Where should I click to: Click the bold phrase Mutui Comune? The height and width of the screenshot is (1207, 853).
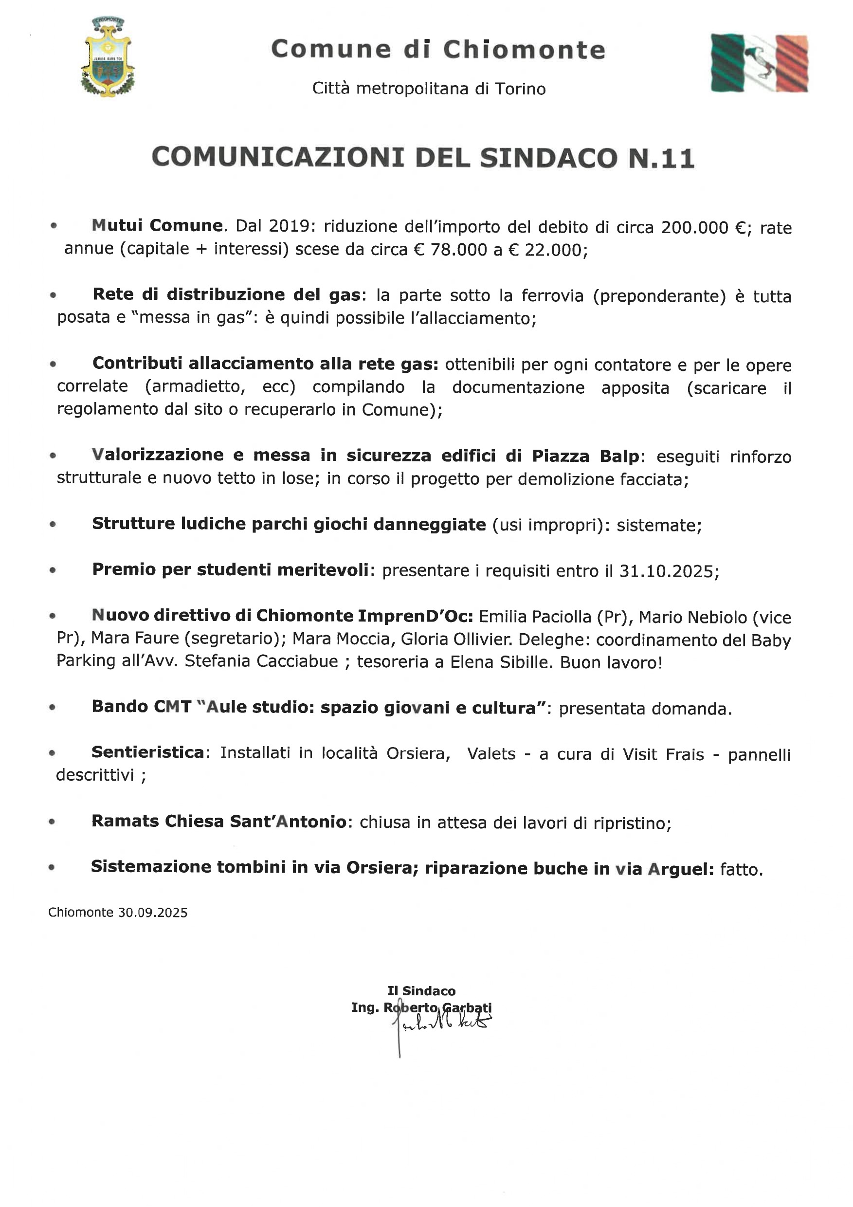(x=157, y=225)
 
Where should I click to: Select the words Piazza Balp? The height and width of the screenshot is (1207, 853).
(x=585, y=456)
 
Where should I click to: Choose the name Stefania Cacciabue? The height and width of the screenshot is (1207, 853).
(x=261, y=661)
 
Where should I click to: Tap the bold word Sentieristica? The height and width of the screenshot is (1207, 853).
(x=148, y=753)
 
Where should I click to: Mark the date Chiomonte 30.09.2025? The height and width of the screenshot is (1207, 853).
(x=118, y=913)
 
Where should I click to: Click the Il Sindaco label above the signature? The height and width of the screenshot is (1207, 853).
(x=421, y=991)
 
